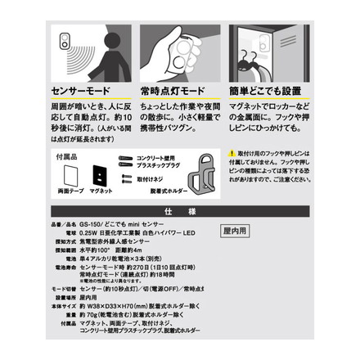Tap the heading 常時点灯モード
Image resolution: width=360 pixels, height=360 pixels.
(x=173, y=92)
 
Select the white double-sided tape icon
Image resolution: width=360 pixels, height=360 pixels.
(x=68, y=174)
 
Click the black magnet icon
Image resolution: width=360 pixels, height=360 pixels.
(x=99, y=174)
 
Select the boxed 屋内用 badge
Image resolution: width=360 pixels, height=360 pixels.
(x=236, y=231)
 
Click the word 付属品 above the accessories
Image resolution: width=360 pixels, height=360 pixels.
(x=65, y=155)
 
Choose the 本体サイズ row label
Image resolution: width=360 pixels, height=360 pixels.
(x=64, y=305)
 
